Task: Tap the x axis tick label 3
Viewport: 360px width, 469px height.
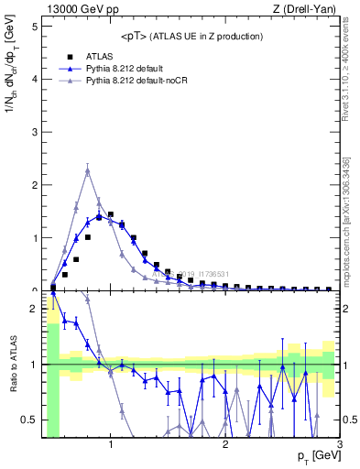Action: pyautogui.click(x=340, y=445)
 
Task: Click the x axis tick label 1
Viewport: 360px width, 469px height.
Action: pyautogui.click(x=111, y=445)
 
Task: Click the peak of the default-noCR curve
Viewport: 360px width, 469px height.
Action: pyautogui.click(x=87, y=170)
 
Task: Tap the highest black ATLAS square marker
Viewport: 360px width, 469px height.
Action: pyautogui.click(x=110, y=214)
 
